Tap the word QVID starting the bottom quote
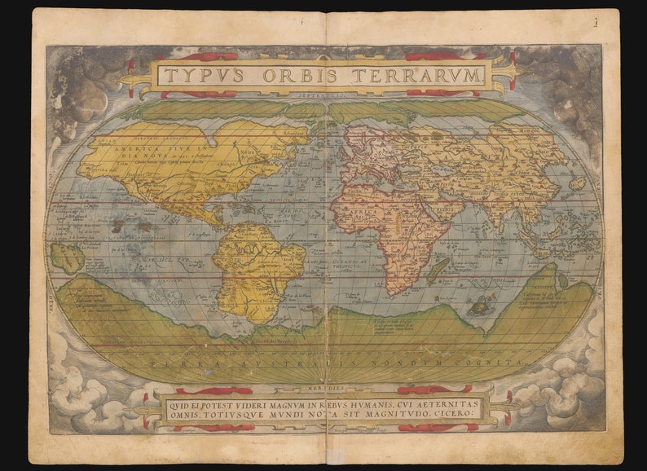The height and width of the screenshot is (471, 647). coord(182,403)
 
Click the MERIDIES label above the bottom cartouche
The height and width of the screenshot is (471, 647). coord(324,388)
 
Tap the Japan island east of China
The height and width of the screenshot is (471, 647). coord(577,183)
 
